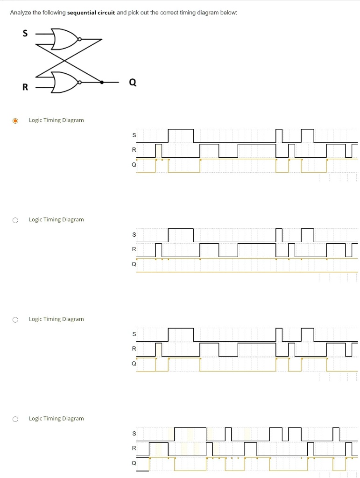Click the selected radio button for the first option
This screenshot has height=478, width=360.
[x=15, y=120]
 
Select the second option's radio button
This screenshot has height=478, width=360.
[x=15, y=220]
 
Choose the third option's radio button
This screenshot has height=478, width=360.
[x=15, y=319]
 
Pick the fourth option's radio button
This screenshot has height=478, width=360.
[x=15, y=419]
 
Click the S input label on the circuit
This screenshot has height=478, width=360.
[x=25, y=33]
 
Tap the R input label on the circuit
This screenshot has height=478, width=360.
[x=25, y=87]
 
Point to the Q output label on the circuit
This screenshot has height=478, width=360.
[x=133, y=83]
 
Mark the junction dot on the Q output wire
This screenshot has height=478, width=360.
[x=102, y=82]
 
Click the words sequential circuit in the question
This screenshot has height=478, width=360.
[x=91, y=13]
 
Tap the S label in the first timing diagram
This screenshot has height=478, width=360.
[x=134, y=135]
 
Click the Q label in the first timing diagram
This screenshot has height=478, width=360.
[x=134, y=165]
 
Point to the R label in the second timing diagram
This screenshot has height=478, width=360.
[x=134, y=249]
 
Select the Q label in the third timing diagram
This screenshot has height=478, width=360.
[x=134, y=363]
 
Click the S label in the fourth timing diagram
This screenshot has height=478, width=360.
[x=134, y=434]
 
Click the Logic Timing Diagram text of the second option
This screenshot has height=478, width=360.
[x=56, y=219]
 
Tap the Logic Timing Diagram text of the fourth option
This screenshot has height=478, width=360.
[x=56, y=418]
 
